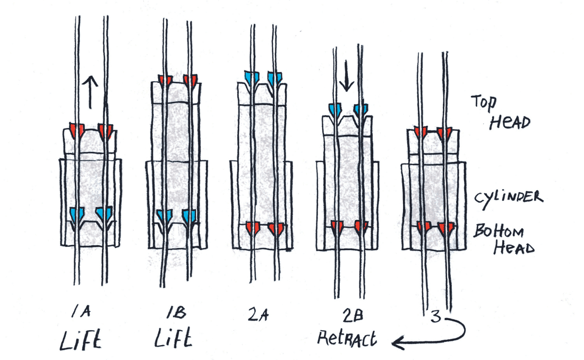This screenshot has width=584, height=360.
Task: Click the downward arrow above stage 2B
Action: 346,79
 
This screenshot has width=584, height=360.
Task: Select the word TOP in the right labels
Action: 484,102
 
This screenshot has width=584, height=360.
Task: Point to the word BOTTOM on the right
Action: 499,232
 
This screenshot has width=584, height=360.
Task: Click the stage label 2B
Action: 351,314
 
